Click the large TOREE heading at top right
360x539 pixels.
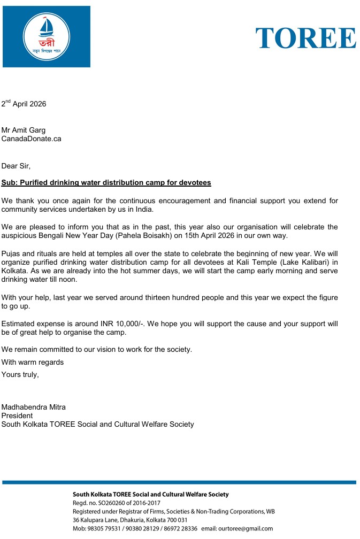click(x=305, y=37)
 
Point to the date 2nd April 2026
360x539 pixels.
click(x=24, y=104)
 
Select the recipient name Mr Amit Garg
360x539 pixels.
click(x=24, y=130)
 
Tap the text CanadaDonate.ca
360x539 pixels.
click(x=31, y=138)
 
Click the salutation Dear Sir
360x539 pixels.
click(x=16, y=166)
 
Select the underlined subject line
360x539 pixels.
click(x=106, y=183)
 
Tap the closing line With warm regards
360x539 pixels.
click(x=32, y=363)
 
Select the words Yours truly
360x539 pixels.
click(x=20, y=374)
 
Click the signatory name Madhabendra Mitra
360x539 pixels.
click(x=33, y=407)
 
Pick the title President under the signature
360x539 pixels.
click(x=17, y=415)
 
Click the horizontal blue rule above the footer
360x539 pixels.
click(x=179, y=482)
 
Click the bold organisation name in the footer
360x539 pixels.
click(x=150, y=495)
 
